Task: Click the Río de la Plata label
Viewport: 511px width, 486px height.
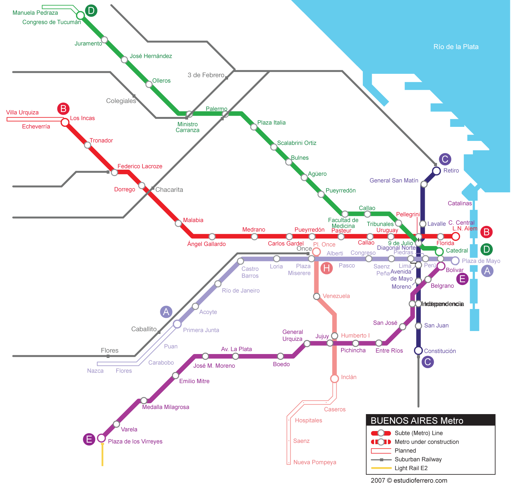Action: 456,47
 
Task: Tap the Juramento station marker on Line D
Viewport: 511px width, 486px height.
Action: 104,40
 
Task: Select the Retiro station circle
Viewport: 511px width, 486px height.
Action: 436,171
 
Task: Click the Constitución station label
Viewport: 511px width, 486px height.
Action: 440,351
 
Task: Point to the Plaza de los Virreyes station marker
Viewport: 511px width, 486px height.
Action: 101,437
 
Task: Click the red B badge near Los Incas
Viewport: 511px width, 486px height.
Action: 63,109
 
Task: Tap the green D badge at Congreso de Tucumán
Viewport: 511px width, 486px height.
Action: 91,11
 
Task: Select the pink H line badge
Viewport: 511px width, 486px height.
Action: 326,268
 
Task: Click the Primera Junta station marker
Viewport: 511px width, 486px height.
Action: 177,324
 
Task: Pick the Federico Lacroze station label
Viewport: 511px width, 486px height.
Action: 140,166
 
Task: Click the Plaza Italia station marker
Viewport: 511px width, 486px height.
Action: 254,127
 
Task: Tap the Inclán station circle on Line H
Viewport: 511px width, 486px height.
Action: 334,379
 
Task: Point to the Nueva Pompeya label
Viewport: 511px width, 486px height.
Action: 315,462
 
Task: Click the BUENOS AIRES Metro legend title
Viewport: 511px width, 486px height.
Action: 417,420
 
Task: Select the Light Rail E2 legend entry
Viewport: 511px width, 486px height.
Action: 411,468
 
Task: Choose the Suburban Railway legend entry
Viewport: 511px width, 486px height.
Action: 418,459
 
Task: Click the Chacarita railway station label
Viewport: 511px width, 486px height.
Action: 169,189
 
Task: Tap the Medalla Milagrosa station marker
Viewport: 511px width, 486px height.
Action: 144,400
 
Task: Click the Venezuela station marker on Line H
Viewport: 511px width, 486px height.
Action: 317,296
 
